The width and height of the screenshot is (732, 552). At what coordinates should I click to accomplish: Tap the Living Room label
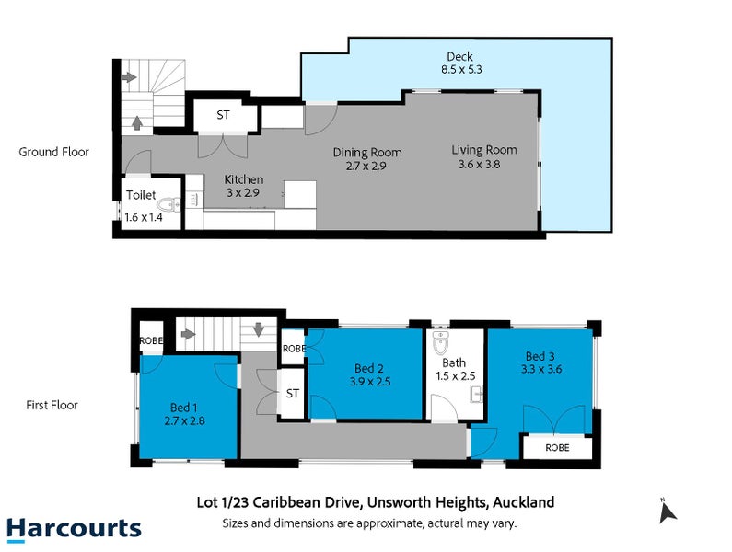point(484,150)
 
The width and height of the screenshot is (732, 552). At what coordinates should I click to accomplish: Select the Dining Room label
point(367,153)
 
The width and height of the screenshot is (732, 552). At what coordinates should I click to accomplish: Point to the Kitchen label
point(244,179)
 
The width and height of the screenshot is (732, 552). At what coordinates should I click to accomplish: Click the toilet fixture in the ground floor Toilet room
point(168,205)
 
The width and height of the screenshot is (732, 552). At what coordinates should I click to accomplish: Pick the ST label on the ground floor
point(223,116)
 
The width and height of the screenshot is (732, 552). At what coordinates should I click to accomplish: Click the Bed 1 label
point(184,407)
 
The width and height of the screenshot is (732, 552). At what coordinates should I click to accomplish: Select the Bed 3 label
point(542,356)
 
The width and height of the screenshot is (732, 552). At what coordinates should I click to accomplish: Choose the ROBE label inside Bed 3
point(556,448)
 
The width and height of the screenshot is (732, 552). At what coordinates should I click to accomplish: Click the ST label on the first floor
point(293,394)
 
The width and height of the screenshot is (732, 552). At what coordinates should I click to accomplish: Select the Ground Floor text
point(54,152)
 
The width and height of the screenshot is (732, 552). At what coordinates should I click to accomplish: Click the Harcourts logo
point(74,528)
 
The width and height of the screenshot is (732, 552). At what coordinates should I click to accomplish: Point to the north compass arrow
point(668,512)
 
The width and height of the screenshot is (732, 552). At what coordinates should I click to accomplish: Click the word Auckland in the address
point(523,502)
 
